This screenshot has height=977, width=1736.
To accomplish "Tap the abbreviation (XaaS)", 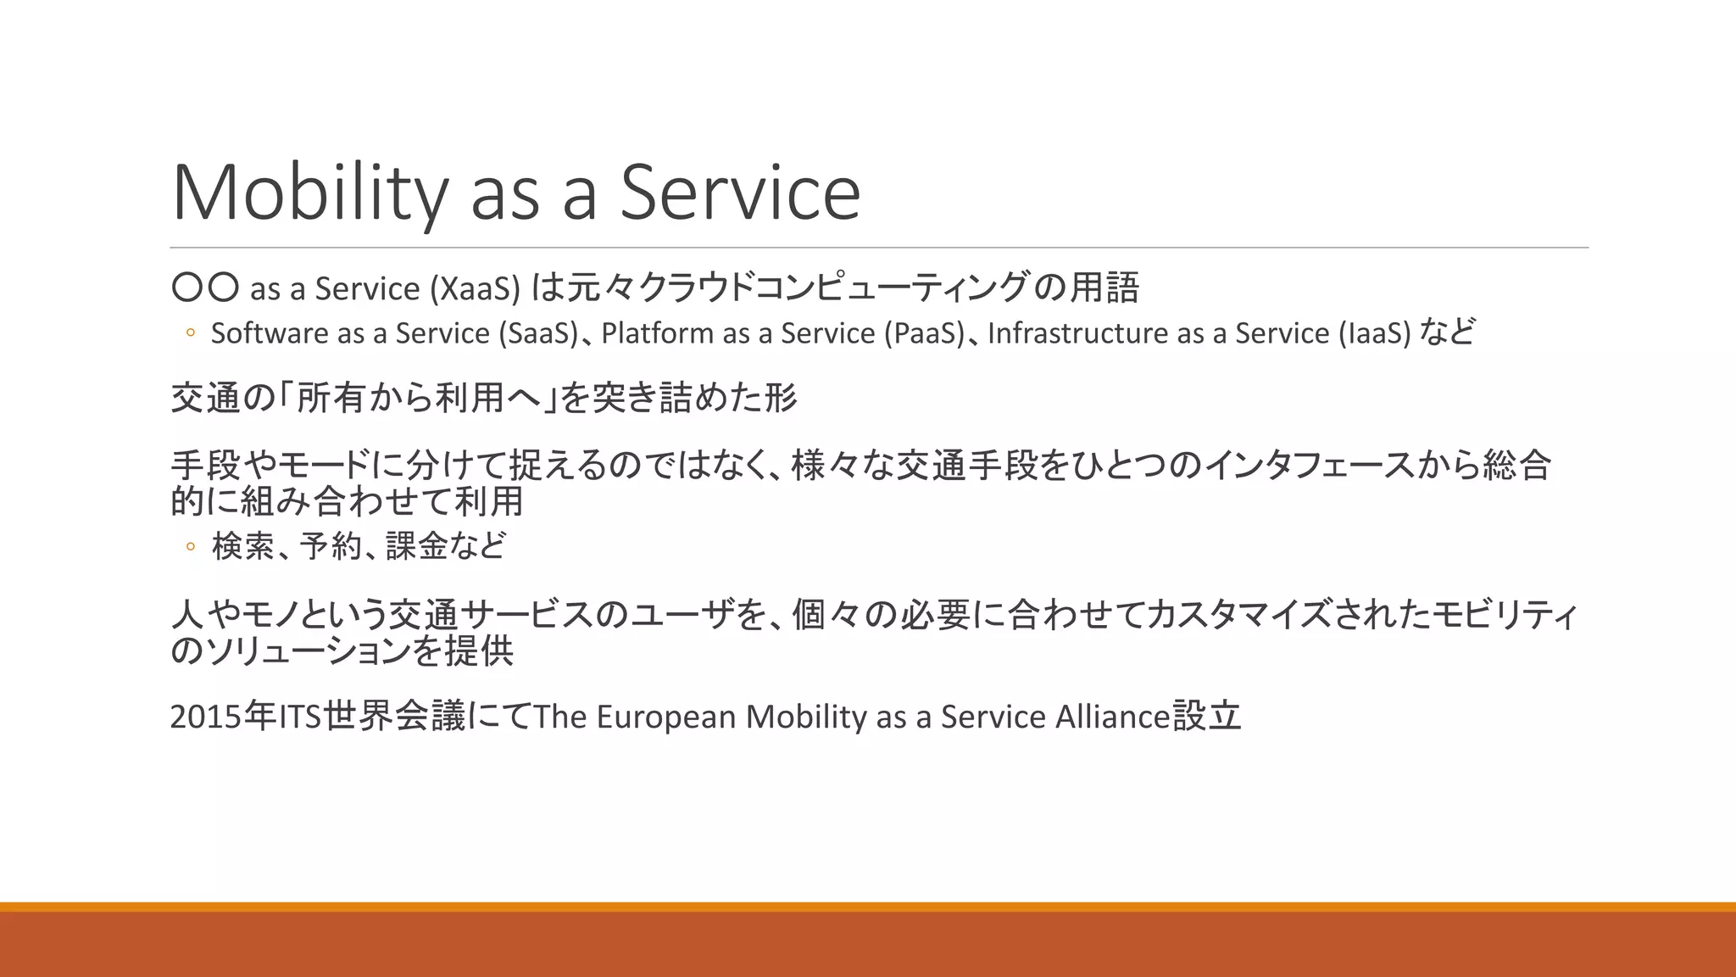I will [475, 289].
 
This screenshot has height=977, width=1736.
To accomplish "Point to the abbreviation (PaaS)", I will [923, 333].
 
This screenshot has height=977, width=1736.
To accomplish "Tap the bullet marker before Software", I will [191, 333].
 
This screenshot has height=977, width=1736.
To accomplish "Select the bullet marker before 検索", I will [191, 547].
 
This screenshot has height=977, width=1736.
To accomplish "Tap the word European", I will [666, 717].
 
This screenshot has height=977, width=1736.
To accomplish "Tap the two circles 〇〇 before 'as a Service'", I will [205, 288].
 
